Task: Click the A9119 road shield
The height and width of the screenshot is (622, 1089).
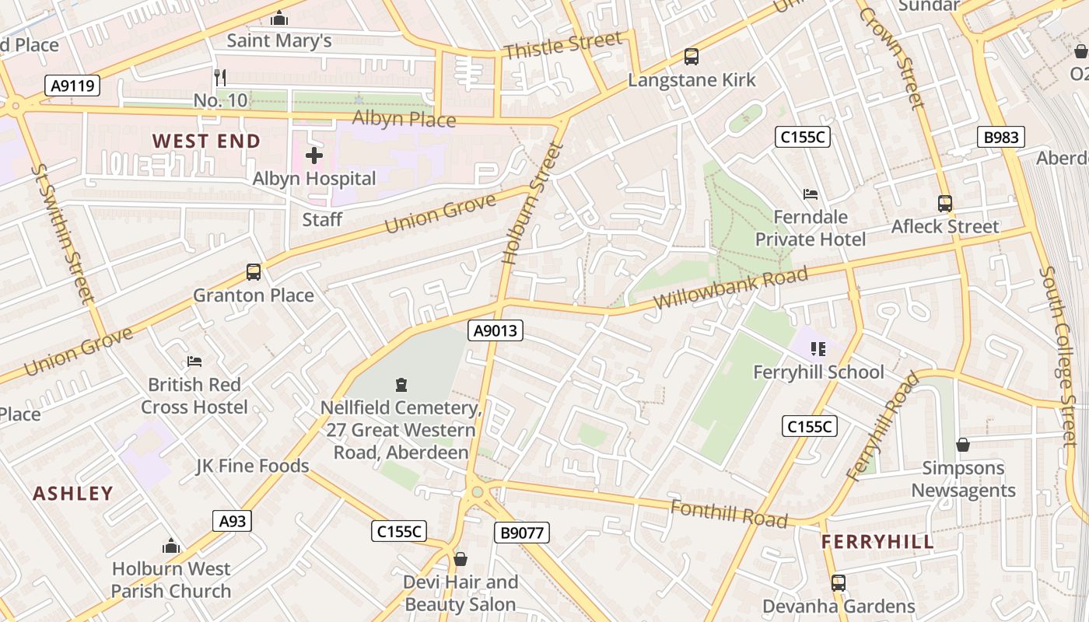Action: (72, 86)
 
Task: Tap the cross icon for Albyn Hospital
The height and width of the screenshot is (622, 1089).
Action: (314, 155)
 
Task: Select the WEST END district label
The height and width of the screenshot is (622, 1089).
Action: (206, 141)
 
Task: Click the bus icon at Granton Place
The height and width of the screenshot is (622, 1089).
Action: (254, 272)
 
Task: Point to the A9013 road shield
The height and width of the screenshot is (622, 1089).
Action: (496, 331)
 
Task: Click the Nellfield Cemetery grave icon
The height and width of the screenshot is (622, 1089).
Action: (401, 384)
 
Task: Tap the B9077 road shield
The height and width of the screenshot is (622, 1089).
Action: (521, 533)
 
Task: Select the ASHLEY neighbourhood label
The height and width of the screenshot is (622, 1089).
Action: (73, 493)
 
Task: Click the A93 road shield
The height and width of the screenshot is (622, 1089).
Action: (232, 521)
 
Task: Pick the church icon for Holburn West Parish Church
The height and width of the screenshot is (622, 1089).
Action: (171, 546)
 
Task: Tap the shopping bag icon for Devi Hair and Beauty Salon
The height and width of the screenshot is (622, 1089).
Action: (460, 559)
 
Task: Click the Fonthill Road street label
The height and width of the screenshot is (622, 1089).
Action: (728, 513)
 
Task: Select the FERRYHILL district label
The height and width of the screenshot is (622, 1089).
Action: (877, 542)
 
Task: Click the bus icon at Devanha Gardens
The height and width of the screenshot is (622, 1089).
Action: (839, 582)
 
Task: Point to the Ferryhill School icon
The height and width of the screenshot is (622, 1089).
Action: (818, 349)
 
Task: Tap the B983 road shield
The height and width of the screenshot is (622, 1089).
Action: (1000, 138)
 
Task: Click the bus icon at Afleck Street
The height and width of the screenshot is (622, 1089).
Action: (945, 204)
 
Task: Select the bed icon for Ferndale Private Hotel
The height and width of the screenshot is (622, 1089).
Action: (811, 194)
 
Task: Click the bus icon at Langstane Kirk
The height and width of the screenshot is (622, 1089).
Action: (692, 56)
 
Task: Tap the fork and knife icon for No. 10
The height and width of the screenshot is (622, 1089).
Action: (220, 77)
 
